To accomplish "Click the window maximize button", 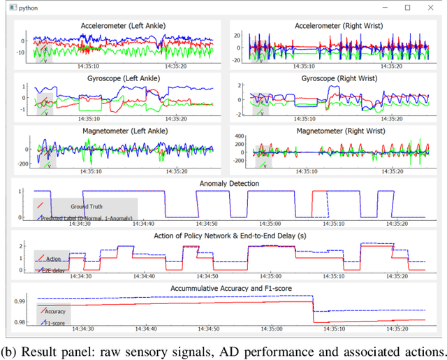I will pyautogui.click(x=407, y=7).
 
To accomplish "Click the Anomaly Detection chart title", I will pyautogui.click(x=229, y=184).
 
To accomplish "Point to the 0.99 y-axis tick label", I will pyautogui.click(x=21, y=301).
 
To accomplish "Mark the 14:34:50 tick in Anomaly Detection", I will pyautogui.click(x=207, y=224).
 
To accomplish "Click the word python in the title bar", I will pyautogui.click(x=30, y=7).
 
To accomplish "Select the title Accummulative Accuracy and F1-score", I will pyautogui.click(x=229, y=288).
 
